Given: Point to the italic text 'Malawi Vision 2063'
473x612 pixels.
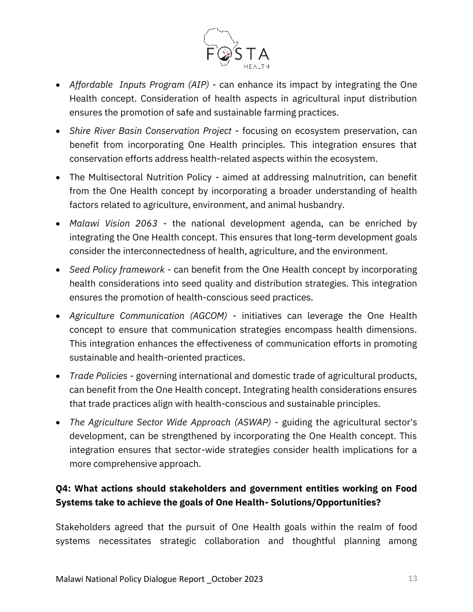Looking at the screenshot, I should (113, 223).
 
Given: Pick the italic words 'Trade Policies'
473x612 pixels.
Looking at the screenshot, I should (98, 376).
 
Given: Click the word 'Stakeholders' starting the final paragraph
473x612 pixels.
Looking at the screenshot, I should (84, 527).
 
